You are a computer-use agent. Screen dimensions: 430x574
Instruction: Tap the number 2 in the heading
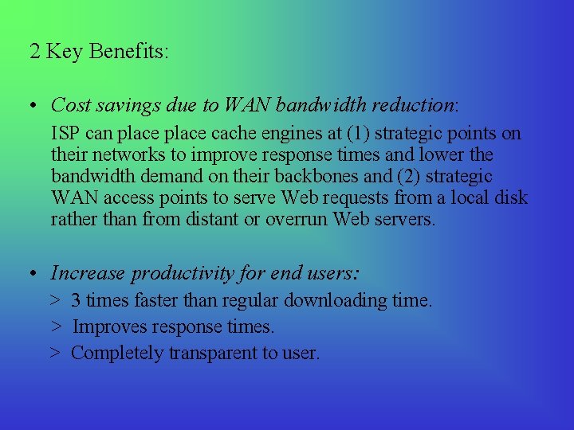(35, 52)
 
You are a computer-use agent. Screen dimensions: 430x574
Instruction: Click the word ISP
(65, 133)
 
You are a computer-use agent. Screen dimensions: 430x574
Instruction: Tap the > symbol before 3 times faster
(55, 301)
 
